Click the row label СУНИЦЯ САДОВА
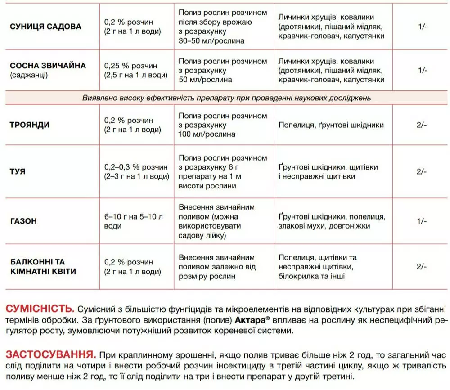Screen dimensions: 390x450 [45, 27]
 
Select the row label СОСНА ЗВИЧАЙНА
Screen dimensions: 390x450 [48, 66]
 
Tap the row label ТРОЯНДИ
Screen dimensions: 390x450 [30, 125]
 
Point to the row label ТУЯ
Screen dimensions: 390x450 [18, 171]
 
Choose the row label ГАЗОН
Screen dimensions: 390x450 [23, 221]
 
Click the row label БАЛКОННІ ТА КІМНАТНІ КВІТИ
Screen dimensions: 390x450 [43, 267]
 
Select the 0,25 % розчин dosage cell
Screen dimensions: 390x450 [128, 65]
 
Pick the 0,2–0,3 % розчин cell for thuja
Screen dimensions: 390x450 [135, 167]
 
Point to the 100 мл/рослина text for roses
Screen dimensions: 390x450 [207, 134]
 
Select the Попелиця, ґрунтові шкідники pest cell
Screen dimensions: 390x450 [331, 126]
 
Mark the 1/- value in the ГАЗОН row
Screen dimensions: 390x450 [422, 221]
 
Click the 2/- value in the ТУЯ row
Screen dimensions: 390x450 [422, 171]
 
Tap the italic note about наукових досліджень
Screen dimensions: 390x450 [227, 98]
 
